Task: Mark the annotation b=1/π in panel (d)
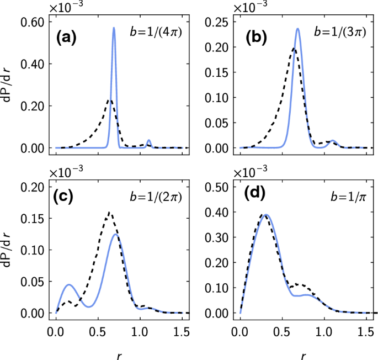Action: coord(347,196)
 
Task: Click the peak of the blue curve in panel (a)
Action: coord(114,28)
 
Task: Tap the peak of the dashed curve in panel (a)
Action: coord(110,100)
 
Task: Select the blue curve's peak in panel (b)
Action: coord(298,29)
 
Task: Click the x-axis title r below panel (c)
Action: coord(118,354)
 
